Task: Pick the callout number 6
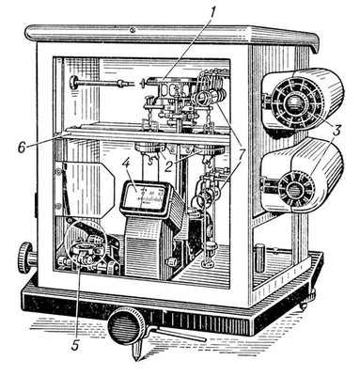point(22,148)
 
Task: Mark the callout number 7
point(242,151)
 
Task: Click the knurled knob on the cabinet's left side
point(26,258)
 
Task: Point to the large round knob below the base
point(126,325)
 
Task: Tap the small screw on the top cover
point(133,30)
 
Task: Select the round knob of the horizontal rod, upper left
point(74,82)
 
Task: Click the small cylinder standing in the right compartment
point(259,258)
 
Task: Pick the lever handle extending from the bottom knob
point(179,333)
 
